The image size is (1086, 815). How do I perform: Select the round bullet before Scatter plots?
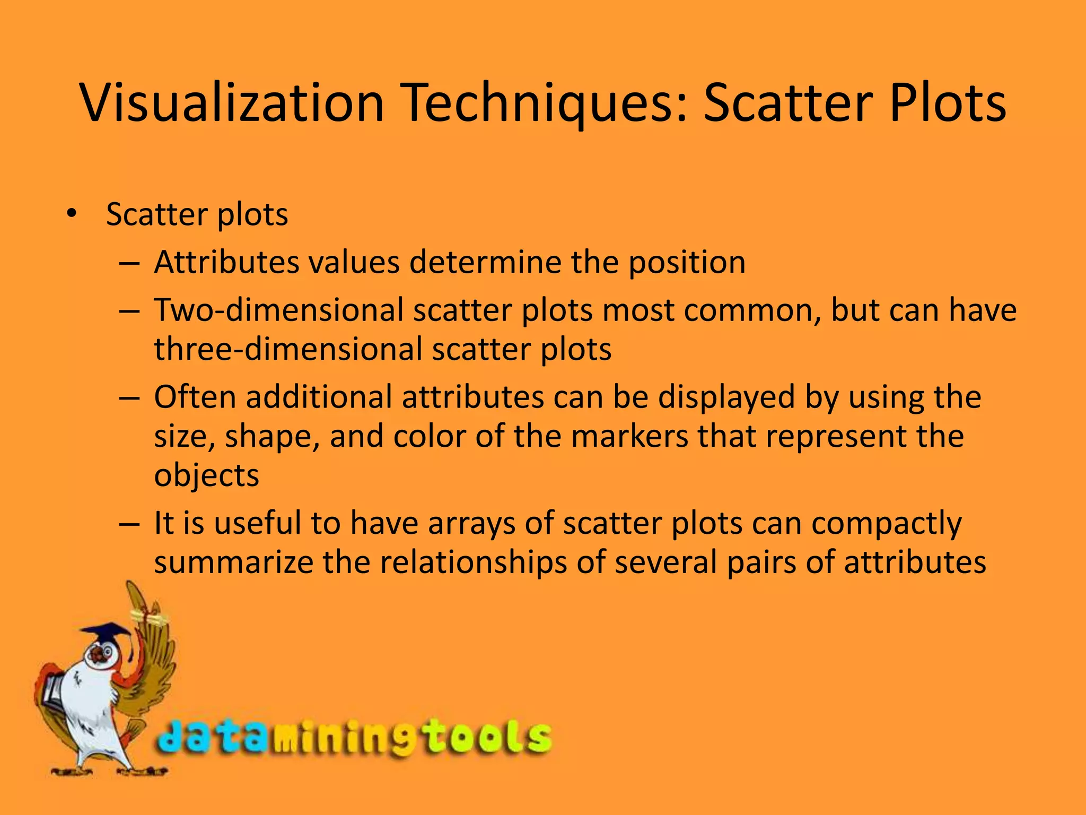(x=72, y=214)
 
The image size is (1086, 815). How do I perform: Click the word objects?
(x=206, y=475)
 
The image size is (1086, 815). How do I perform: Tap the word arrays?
(x=471, y=523)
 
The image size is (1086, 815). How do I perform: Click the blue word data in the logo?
(x=212, y=738)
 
